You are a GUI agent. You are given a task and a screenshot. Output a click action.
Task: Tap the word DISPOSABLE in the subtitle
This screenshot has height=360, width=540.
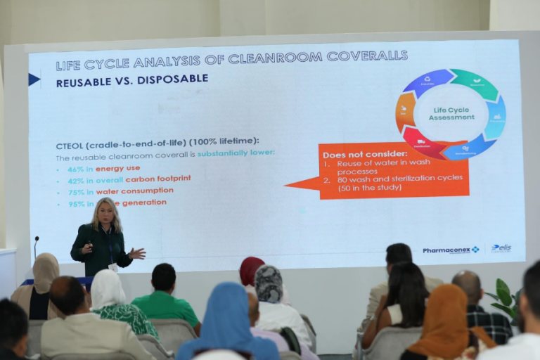(172, 79)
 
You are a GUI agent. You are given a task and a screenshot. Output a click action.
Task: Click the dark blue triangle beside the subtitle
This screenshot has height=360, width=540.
(34, 79)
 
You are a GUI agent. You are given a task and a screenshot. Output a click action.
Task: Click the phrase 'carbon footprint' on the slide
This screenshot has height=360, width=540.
(165, 179)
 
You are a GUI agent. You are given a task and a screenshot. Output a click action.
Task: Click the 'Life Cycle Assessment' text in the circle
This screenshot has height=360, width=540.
(450, 115)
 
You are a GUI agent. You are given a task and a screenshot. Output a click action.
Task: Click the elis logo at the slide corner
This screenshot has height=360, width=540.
(501, 248)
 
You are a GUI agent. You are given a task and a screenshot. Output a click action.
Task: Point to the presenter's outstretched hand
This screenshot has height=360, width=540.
(139, 253)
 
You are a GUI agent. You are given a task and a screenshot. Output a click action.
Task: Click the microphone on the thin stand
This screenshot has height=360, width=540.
(36, 239)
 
